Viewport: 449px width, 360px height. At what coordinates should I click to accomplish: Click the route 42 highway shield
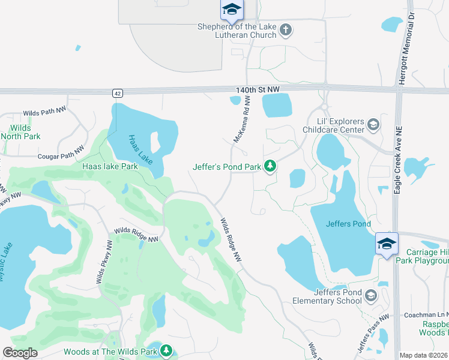click(117, 93)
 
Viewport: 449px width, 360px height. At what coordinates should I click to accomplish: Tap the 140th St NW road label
click(258, 89)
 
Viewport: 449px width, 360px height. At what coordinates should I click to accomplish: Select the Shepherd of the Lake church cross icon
click(286, 29)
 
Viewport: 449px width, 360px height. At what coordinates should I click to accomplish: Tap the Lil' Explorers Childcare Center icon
click(373, 124)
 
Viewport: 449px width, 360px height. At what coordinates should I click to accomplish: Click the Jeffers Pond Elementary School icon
click(371, 295)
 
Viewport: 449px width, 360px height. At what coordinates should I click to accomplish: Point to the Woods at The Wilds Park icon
click(166, 350)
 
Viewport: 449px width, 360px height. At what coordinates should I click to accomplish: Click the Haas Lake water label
click(141, 150)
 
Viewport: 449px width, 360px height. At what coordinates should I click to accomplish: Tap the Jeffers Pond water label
click(348, 224)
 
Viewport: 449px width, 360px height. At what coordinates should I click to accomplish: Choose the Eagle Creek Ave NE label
click(397, 159)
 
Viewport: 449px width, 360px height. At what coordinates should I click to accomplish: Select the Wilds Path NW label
click(46, 112)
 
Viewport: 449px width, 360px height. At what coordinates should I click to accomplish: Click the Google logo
click(20, 353)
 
